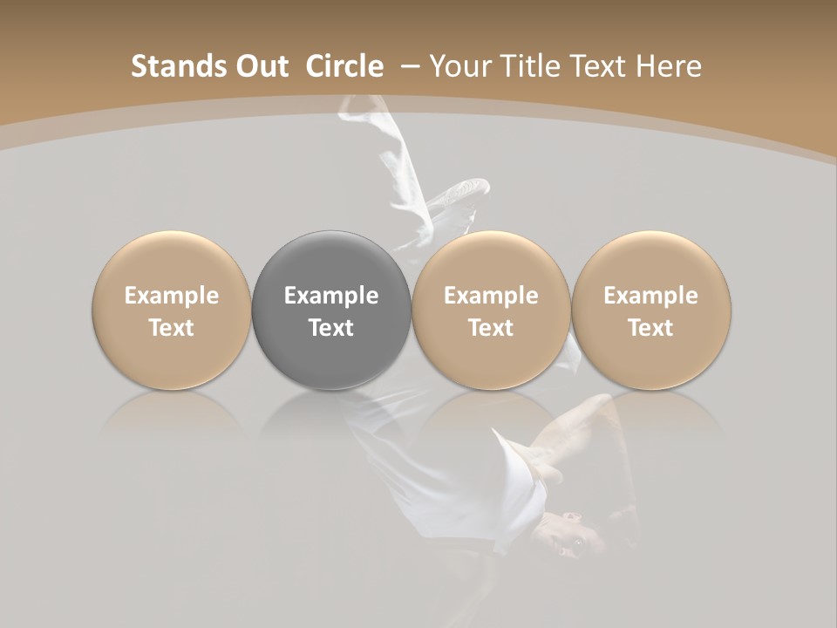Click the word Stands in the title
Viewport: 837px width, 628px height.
pos(170,66)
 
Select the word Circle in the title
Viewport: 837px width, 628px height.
pos(344,66)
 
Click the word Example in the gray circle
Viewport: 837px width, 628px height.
pos(331,296)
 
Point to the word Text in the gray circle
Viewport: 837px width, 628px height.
pos(331,328)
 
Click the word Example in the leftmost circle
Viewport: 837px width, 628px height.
pos(172,296)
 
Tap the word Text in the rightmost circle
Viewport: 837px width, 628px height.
pos(651,328)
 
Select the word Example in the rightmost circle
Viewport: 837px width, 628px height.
pos(651,296)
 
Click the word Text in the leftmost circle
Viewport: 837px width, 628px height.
pos(172,328)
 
